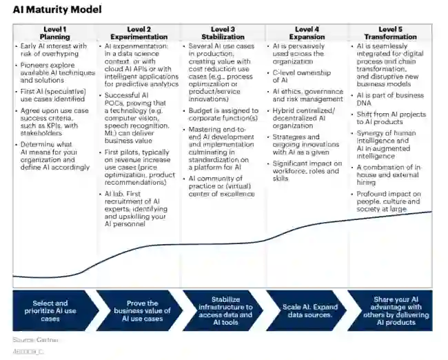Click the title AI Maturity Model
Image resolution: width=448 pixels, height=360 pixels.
click(57, 10)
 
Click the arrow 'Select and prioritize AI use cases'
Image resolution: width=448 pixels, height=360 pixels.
click(50, 310)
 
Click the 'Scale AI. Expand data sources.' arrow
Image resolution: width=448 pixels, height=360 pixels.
click(307, 310)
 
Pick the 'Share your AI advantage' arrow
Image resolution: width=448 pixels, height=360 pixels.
click(392, 310)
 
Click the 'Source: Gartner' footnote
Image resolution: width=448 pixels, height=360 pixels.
click(35, 340)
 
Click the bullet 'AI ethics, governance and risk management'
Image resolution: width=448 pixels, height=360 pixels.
click(306, 94)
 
